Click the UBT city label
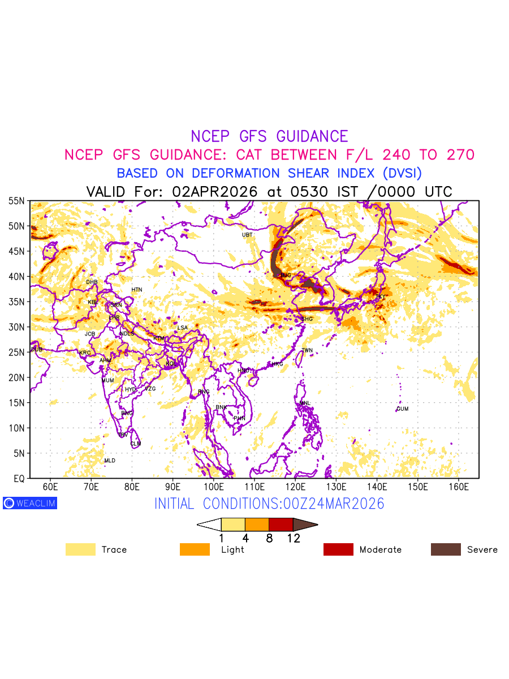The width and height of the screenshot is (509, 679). [x=247, y=235]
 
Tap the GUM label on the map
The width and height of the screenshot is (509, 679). [x=402, y=409]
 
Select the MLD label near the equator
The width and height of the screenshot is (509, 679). [x=110, y=461]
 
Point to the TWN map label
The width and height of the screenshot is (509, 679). [x=307, y=351]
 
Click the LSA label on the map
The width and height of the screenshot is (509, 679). [x=182, y=328]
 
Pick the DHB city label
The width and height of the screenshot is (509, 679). [x=92, y=282]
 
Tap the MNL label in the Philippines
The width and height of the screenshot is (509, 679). [x=305, y=403]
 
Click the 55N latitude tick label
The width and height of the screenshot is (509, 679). [x=16, y=201]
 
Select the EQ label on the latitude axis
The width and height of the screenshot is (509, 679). [x=19, y=478]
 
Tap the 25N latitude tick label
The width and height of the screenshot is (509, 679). [x=16, y=352]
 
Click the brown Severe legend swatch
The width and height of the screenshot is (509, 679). [x=446, y=549]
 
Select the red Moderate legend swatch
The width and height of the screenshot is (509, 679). [x=338, y=549]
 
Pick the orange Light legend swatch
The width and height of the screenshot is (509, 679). [x=195, y=549]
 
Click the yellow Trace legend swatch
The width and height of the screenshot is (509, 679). [x=80, y=549]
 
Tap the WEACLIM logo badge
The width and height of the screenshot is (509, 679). [x=30, y=503]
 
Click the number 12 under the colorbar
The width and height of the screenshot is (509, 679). [x=293, y=539]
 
